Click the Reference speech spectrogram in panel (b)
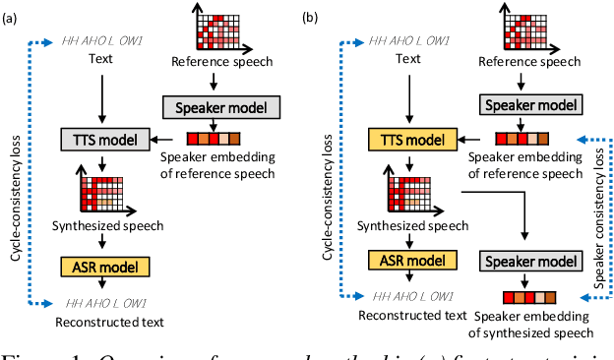tap(528, 30)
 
